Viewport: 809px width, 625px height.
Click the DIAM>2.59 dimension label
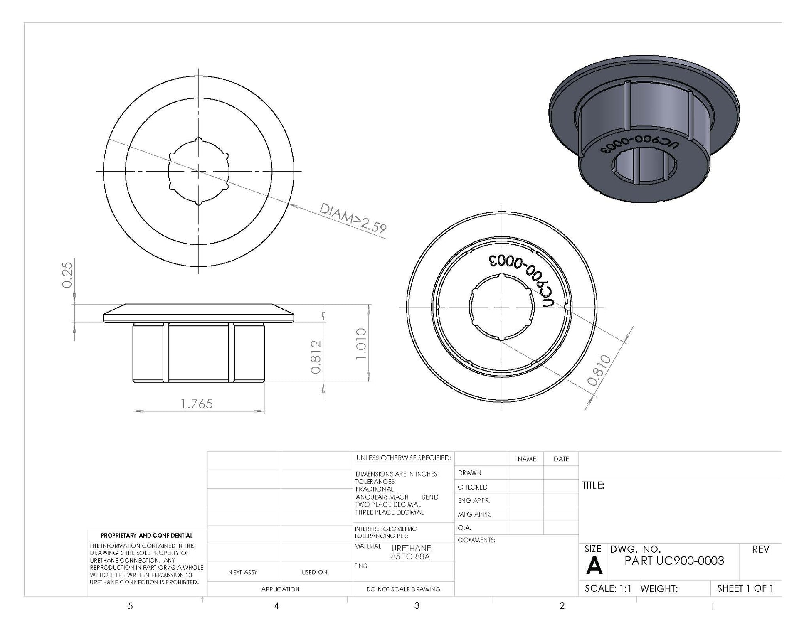click(353, 218)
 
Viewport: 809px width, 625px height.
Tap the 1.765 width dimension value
click(197, 404)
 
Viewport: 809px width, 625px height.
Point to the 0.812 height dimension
click(316, 357)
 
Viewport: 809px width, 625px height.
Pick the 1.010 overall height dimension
click(361, 344)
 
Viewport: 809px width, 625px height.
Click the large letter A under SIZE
click(594, 566)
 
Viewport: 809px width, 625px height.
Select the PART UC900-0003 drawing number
click(674, 561)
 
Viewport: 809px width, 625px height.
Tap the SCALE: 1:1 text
click(608, 588)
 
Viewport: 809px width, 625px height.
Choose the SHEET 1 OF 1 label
click(745, 588)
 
